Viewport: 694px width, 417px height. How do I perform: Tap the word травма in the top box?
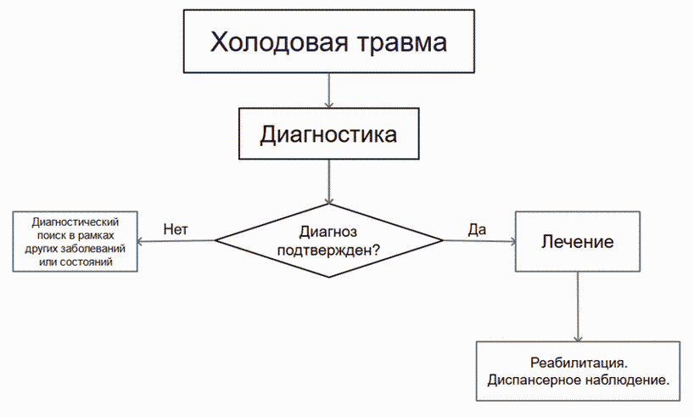tap(402, 43)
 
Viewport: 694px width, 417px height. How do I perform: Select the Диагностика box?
tap(329, 133)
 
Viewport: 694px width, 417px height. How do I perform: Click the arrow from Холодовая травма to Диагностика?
tap(329, 90)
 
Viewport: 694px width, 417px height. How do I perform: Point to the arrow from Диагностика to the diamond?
tap(329, 182)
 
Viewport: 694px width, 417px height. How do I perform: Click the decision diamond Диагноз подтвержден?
tap(329, 240)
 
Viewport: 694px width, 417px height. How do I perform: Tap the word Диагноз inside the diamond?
tap(328, 231)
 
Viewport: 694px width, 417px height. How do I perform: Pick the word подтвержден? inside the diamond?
tap(328, 251)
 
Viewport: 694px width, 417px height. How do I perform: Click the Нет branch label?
tap(176, 229)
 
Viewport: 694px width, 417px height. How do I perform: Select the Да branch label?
tap(477, 229)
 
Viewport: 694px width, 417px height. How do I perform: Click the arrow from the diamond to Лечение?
tap(479, 241)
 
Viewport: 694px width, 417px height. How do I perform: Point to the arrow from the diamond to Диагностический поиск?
tap(176, 241)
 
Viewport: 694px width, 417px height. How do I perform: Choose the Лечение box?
tap(578, 241)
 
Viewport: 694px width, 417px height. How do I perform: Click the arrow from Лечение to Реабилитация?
tap(578, 307)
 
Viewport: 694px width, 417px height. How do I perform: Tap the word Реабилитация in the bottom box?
tap(579, 363)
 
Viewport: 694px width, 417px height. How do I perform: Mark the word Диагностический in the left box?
tap(76, 222)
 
